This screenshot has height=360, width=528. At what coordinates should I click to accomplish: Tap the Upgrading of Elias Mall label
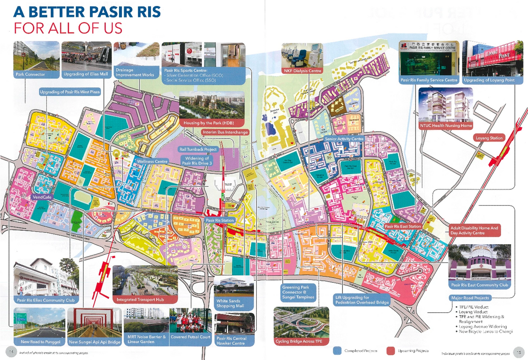tap(86, 74)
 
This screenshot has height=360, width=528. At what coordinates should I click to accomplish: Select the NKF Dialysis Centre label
tap(302, 70)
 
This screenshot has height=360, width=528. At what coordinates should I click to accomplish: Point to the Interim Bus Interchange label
tap(225, 132)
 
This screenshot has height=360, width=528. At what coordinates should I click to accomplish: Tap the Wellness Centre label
tap(152, 162)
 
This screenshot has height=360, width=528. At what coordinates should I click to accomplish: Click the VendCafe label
tap(42, 197)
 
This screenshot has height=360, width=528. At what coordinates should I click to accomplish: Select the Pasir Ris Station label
tap(220, 220)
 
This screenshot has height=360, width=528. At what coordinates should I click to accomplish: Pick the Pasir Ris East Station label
tap(402, 226)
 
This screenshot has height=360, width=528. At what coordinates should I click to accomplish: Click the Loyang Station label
tap(490, 138)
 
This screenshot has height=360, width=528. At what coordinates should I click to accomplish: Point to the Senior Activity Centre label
tap(344, 139)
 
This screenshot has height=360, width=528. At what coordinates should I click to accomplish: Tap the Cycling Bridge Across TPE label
tap(295, 341)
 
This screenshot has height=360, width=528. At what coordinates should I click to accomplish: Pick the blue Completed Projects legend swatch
tap(338, 351)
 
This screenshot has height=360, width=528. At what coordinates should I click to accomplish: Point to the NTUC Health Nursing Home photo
tap(446, 105)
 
